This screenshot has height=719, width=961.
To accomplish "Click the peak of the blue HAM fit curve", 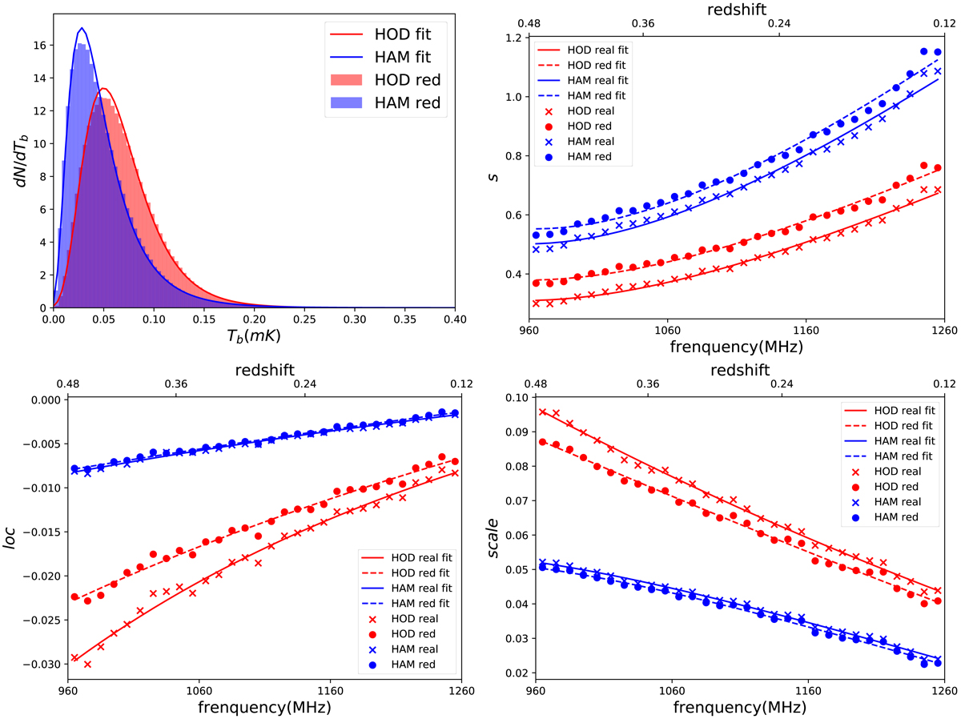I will pos(82,29).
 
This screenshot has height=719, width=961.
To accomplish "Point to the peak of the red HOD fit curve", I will pos(103,89).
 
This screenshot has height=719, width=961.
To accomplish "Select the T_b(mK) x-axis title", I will pos(253,337).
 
